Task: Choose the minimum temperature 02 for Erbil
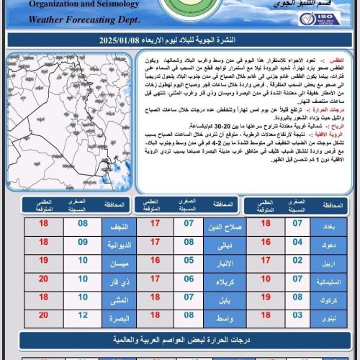[x=296, y=260]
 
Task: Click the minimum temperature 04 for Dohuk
[x=296, y=243]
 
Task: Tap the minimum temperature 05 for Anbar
[x=189, y=260]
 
